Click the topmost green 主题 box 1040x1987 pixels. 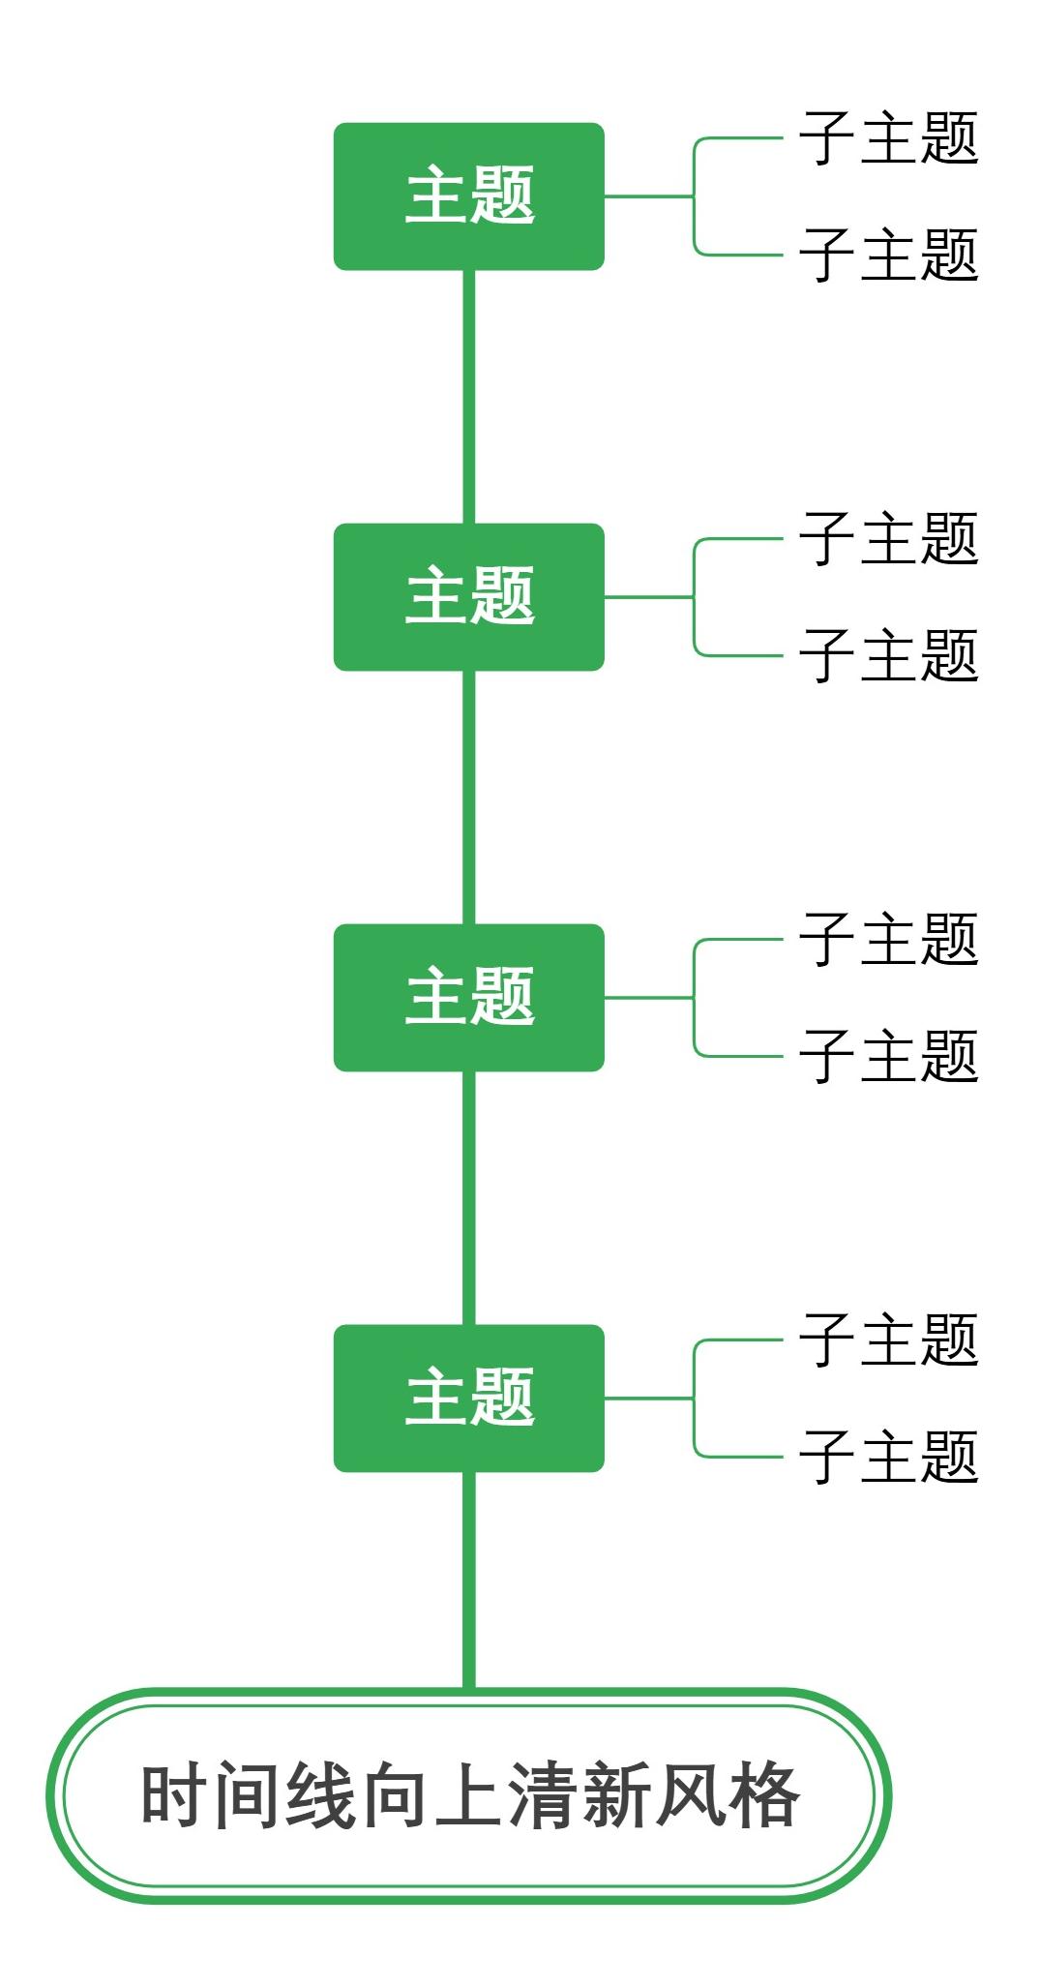tap(468, 196)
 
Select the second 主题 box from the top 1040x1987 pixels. tap(468, 597)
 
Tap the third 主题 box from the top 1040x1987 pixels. tap(468, 998)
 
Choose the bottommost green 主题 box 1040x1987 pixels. tap(468, 1399)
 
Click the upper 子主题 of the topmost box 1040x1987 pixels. tap(888, 138)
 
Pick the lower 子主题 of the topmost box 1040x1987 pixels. tap(888, 256)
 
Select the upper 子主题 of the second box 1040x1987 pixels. tap(888, 539)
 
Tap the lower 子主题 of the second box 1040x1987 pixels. tap(888, 656)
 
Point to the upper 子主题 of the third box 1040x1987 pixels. tap(888, 940)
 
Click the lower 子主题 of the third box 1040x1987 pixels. tap(888, 1057)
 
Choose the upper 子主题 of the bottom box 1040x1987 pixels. tap(888, 1340)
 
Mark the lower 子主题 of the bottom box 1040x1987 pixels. tap(888, 1458)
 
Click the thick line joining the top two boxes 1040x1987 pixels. tap(468, 397)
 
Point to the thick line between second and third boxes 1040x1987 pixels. tap(468, 798)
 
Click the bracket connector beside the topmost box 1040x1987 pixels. tap(694, 196)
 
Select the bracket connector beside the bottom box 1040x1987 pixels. tap(694, 1399)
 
